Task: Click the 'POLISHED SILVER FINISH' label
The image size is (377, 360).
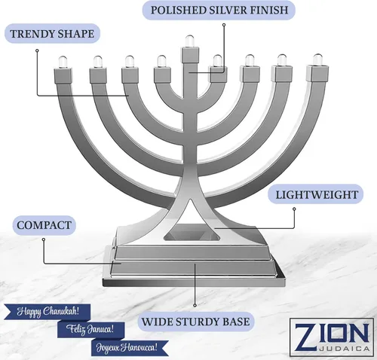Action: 219,11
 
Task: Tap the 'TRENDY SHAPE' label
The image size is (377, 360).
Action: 52,34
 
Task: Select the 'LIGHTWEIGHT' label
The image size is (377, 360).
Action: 317,194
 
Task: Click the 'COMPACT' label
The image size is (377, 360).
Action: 44,225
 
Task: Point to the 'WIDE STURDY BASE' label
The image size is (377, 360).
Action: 195,322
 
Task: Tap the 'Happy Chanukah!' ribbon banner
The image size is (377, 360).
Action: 48,312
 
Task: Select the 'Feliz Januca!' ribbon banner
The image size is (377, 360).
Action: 91,329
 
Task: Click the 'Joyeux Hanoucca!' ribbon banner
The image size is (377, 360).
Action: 129,348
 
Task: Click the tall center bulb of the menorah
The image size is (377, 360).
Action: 190,41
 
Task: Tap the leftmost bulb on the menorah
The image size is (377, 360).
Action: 63,62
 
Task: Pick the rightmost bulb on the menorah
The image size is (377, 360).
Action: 317,59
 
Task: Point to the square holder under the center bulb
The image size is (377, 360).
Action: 190,55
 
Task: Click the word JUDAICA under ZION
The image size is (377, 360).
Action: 345,349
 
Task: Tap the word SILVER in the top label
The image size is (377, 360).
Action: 228,11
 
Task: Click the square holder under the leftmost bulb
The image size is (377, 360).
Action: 63,75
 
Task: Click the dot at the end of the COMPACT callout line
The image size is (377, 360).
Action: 44,239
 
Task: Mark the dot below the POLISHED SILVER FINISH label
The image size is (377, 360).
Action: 224,25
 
